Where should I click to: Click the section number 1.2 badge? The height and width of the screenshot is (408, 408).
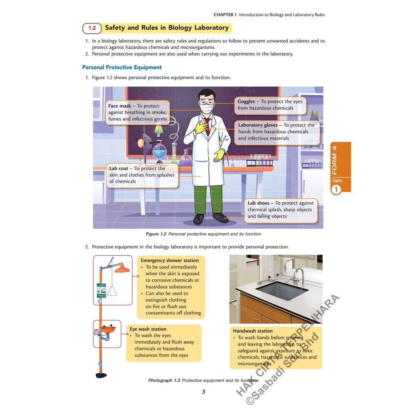(x=92, y=28)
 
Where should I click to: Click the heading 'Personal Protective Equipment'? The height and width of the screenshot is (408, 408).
(x=122, y=67)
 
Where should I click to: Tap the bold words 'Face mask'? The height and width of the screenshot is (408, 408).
(x=120, y=106)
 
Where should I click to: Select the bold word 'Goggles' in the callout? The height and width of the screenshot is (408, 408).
(x=246, y=102)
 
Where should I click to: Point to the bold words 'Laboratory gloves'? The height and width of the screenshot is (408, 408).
(x=258, y=125)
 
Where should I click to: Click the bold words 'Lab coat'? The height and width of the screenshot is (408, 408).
(x=119, y=169)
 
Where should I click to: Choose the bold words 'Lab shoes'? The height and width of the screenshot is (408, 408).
(x=258, y=203)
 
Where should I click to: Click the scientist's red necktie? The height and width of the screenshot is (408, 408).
(x=207, y=124)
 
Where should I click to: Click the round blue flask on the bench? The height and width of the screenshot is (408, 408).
(x=159, y=151)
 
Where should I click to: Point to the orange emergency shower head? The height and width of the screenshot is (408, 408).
(x=122, y=269)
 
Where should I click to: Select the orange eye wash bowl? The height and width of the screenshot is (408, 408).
(x=107, y=329)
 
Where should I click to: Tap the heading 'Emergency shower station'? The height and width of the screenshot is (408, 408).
(x=170, y=261)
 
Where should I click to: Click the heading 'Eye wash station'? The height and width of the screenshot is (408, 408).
(x=148, y=329)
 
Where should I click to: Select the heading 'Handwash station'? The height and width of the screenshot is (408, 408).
(x=253, y=331)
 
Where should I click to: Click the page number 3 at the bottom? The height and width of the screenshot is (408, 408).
(x=203, y=392)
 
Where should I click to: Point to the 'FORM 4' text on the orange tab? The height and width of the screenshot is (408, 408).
(x=335, y=159)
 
